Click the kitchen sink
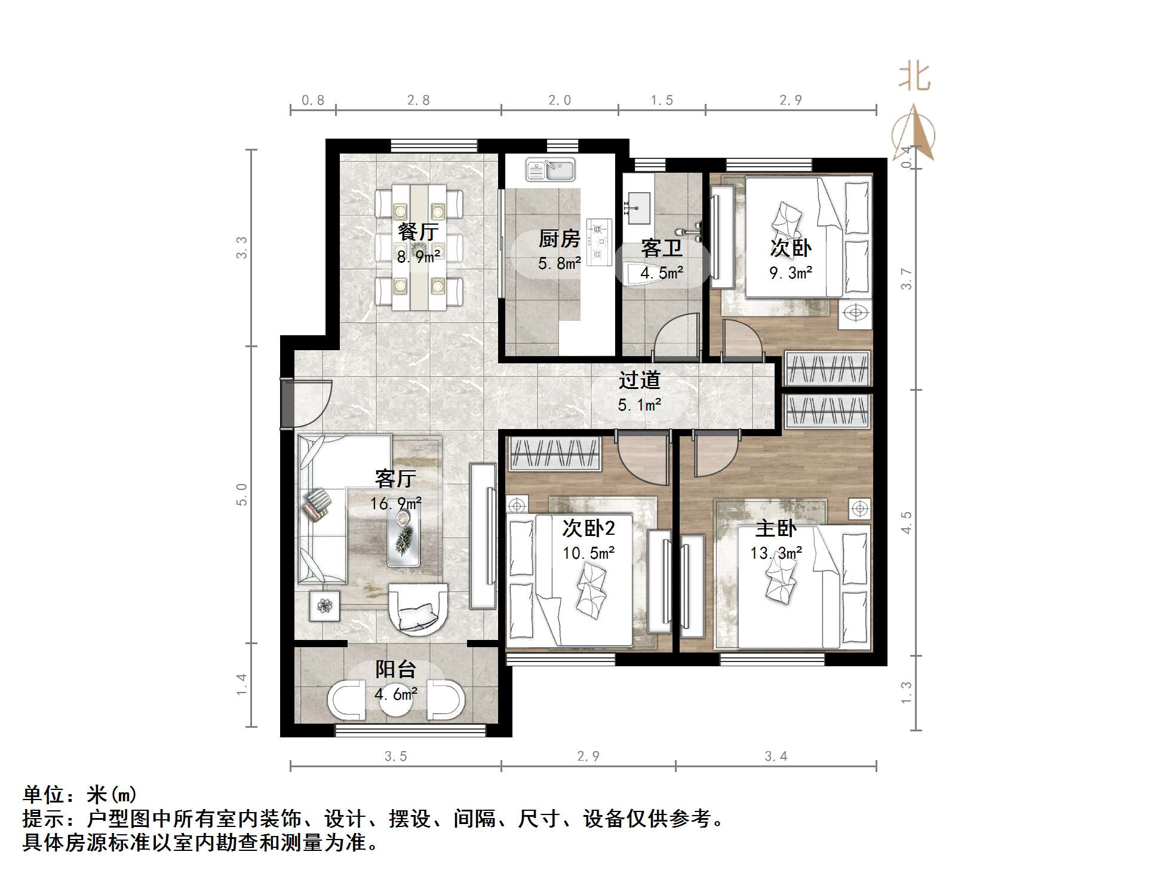550,170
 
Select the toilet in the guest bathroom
641,272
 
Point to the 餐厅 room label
418,232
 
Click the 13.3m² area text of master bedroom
776,553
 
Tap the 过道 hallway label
639,380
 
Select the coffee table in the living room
403,538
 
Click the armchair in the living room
418,608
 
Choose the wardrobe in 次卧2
554,454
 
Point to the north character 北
914,78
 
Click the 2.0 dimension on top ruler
560,100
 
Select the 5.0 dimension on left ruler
242,494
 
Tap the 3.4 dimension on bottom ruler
776,756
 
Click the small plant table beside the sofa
325,606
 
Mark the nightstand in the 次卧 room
855,313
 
